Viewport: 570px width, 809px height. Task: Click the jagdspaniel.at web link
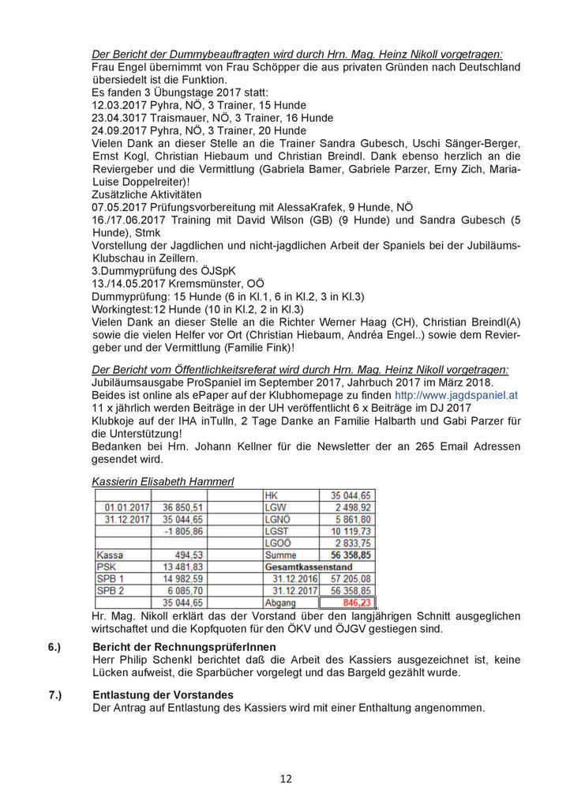pyautogui.click(x=456, y=395)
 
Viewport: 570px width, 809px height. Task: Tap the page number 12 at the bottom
pyautogui.click(x=285, y=779)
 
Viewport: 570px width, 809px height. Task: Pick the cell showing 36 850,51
pyautogui.click(x=182, y=507)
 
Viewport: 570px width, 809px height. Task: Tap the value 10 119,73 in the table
pyautogui.click(x=348, y=531)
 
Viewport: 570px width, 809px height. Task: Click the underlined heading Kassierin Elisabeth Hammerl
pyautogui.click(x=163, y=481)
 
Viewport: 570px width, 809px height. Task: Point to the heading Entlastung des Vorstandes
pyautogui.click(x=163, y=694)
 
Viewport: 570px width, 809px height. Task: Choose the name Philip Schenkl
pyautogui.click(x=160, y=660)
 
